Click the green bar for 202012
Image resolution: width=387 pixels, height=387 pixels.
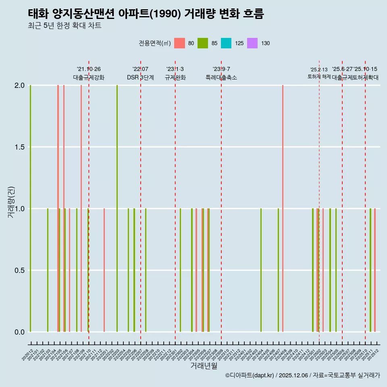coord(30,208)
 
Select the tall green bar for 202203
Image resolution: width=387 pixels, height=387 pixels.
coord(117,208)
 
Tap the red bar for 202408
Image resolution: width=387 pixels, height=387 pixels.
coord(283,208)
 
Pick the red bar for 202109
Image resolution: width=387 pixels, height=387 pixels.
coord(81,208)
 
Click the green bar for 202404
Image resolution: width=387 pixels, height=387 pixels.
coord(261,270)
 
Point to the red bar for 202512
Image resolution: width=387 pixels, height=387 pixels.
coord(375,270)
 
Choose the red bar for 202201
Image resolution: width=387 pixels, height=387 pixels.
coord(104,270)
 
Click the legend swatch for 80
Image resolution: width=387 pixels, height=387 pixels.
coord(179,43)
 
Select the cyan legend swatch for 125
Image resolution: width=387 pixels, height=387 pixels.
coord(226,43)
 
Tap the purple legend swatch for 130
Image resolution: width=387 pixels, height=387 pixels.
coord(252,43)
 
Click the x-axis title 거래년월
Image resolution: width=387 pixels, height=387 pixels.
coord(204,366)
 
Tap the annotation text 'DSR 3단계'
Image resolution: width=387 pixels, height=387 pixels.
coord(140,77)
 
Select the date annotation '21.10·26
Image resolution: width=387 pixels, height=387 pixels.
coord(89,69)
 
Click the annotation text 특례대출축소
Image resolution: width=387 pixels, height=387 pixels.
coord(221,77)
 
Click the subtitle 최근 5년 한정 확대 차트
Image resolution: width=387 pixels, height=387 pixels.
coord(64,26)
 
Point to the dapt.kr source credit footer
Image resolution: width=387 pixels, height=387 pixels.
coord(302,375)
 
